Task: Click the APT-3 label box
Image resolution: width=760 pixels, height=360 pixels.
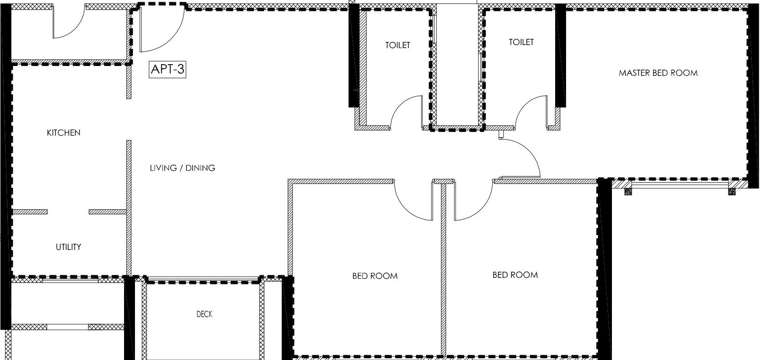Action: (x=167, y=69)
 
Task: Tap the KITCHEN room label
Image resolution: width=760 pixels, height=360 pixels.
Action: (x=64, y=133)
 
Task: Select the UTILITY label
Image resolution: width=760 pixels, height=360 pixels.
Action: (x=69, y=247)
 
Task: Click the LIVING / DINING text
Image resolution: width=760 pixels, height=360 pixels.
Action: (x=183, y=168)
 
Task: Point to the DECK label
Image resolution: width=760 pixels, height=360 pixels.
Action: (x=204, y=314)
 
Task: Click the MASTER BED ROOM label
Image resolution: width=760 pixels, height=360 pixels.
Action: (x=658, y=73)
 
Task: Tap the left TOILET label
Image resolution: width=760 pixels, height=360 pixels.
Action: (x=397, y=45)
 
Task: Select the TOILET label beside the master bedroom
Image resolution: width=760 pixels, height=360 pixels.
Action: (x=521, y=42)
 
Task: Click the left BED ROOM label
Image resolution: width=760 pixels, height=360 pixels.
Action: (x=375, y=276)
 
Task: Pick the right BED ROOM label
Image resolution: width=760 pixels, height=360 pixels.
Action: (x=515, y=275)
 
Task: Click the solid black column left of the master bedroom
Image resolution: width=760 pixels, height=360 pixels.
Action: (x=560, y=57)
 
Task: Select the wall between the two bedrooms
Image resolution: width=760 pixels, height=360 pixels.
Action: (x=443, y=271)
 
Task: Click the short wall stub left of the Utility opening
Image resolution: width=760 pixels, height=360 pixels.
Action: (x=30, y=212)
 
